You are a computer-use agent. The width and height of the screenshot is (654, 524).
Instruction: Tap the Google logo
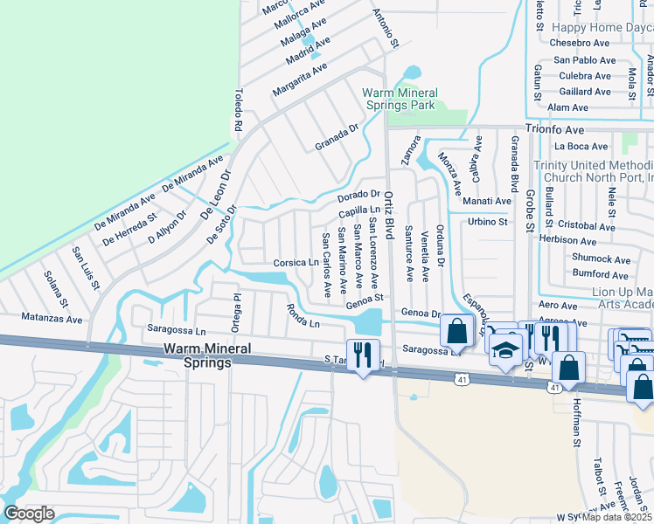click(x=29, y=514)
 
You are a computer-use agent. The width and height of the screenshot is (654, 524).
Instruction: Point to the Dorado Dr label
click(x=358, y=195)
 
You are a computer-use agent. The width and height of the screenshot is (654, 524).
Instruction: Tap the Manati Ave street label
click(x=489, y=201)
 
